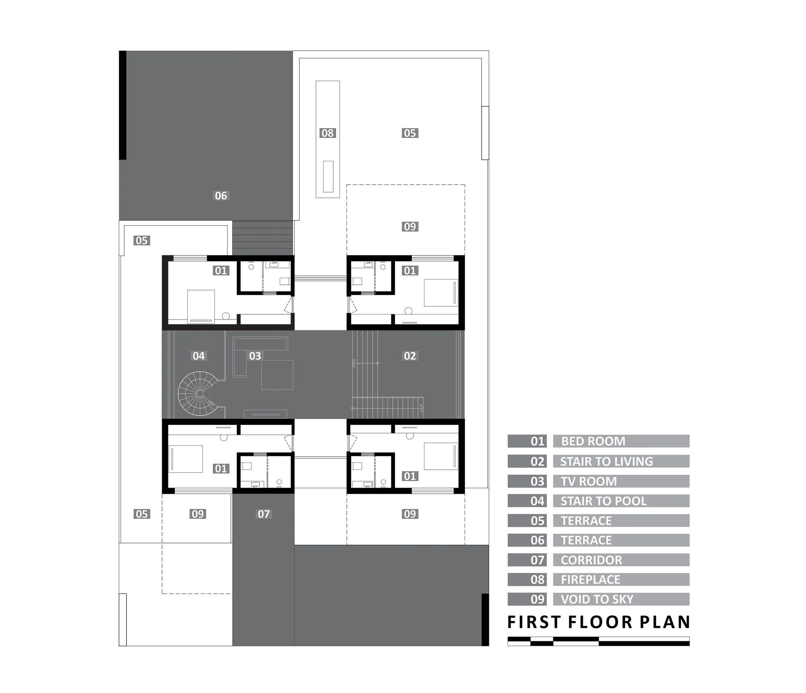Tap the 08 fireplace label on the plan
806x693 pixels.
coord(328,133)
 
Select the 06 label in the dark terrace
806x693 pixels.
coord(221,195)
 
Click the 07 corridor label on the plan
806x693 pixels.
coord(264,514)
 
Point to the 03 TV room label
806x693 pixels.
coord(255,356)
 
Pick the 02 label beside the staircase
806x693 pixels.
coord(410,356)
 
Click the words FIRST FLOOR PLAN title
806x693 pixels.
coord(598,622)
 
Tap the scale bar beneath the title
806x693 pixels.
coord(598,641)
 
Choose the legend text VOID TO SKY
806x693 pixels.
coord(597,599)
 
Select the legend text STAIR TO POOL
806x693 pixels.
coord(603,501)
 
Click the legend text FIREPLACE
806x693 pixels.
coord(590,579)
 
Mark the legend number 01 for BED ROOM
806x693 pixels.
coord(538,441)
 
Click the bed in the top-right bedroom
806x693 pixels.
coord(441,293)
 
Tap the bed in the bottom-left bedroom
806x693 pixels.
coord(185,459)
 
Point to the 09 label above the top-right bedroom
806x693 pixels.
coord(410,226)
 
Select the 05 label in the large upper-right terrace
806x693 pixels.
coord(410,133)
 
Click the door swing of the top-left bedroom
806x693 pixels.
coord(289,305)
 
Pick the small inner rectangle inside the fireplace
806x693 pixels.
coord(328,176)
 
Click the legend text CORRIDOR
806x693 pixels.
coord(591,560)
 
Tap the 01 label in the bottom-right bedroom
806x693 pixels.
coord(410,476)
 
